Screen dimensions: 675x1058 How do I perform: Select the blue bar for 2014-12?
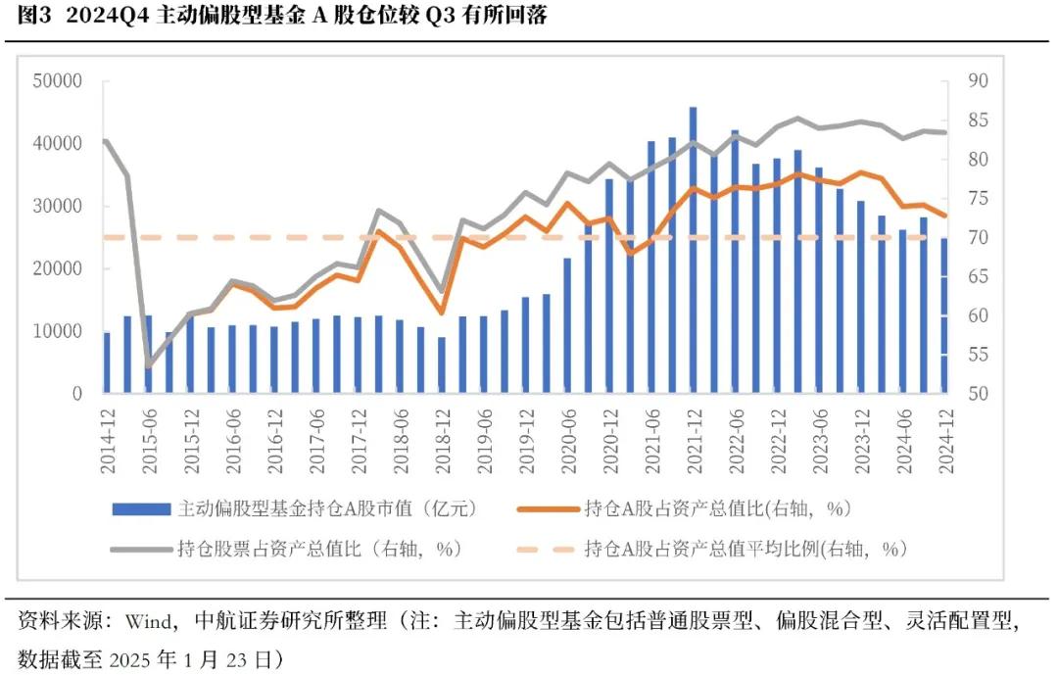(x=107, y=362)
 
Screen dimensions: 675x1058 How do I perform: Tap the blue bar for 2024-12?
(x=943, y=315)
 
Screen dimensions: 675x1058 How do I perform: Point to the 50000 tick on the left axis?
(x=57, y=81)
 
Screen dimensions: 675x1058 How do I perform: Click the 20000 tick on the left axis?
(x=57, y=269)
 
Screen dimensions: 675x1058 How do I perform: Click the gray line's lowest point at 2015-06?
(x=149, y=366)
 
